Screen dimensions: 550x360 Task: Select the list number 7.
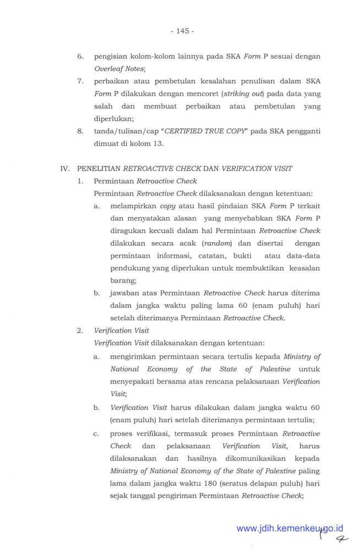tap(80, 81)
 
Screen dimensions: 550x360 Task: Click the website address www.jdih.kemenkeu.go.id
tap(290, 529)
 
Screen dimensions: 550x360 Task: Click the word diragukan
tap(128, 230)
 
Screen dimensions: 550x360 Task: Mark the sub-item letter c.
tap(96, 434)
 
